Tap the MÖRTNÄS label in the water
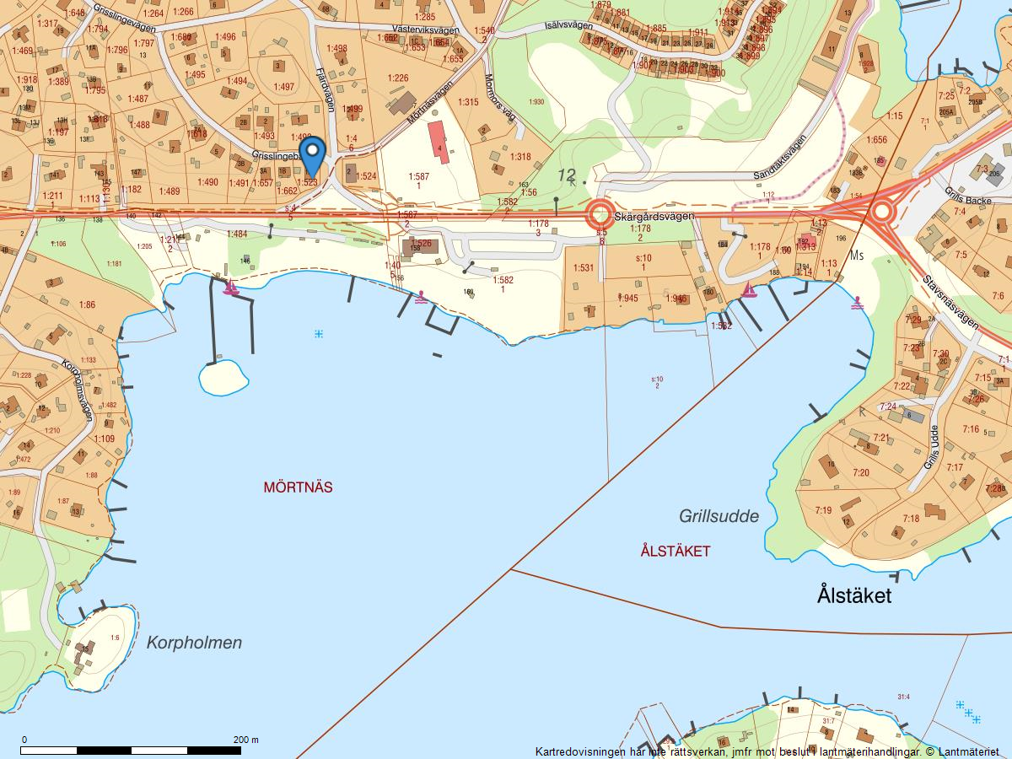tap(298, 487)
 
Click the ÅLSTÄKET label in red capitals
tap(675, 552)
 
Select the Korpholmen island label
tap(194, 643)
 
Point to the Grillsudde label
tap(719, 516)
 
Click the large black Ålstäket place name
tap(853, 595)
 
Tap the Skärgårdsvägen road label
tap(654, 217)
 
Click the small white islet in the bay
tap(223, 376)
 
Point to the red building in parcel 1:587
tap(438, 141)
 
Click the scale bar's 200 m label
tap(246, 740)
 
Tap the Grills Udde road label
tap(930, 448)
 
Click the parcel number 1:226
tap(397, 78)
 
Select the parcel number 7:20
tap(860, 472)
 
